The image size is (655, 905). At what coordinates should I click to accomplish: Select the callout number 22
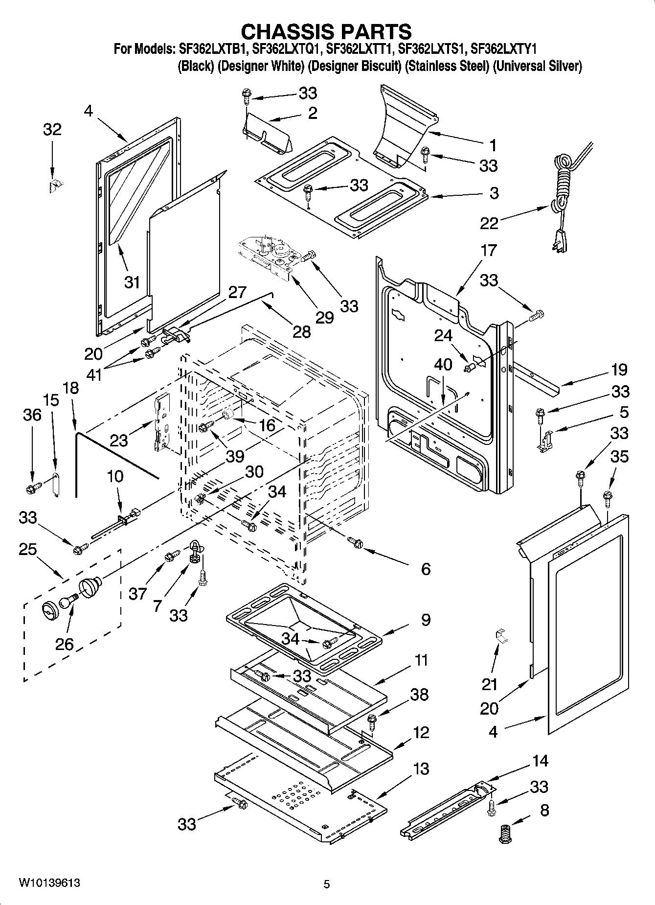click(x=489, y=223)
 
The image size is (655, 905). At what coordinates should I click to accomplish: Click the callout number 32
click(x=52, y=130)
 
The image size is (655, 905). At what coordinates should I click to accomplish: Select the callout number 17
click(x=489, y=250)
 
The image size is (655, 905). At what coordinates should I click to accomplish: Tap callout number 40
click(x=443, y=364)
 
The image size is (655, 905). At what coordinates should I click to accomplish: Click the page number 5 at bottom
click(x=327, y=884)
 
